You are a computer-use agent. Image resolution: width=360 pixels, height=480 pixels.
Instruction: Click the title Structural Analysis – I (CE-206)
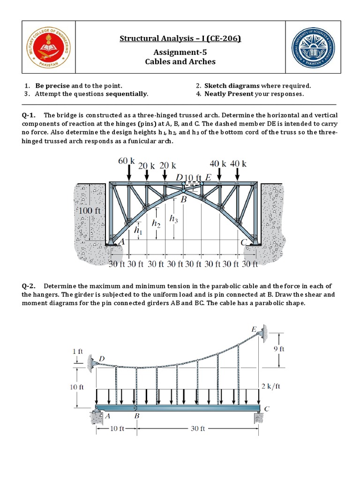tap(180, 38)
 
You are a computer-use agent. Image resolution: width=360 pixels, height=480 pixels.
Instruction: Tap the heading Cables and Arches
tap(180, 61)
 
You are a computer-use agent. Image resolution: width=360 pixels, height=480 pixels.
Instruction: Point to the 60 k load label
tap(126, 161)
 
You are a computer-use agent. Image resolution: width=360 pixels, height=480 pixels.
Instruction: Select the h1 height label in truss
tap(137, 230)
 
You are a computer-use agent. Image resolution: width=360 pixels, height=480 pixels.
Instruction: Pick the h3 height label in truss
tap(173, 218)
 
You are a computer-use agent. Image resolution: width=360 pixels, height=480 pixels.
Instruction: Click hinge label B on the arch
tap(184, 199)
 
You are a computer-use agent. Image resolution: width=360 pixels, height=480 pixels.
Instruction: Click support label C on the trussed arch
tap(243, 242)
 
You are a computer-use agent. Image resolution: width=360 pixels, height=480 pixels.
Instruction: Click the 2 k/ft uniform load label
tap(270, 386)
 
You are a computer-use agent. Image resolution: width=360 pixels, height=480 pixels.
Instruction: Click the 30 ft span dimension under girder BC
tap(199, 428)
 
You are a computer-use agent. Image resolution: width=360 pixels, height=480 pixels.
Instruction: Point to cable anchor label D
tap(102, 359)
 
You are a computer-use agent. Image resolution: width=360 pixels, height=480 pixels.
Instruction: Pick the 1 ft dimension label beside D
tap(77, 351)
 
